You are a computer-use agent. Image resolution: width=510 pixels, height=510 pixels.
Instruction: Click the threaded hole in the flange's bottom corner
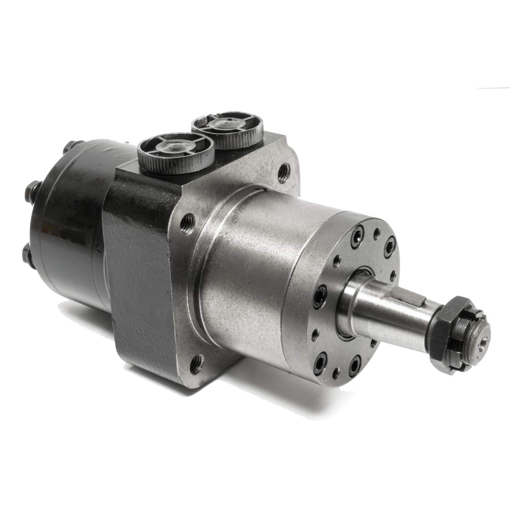point(196,363)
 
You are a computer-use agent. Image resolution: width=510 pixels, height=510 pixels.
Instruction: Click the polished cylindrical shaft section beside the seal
point(374,302)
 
